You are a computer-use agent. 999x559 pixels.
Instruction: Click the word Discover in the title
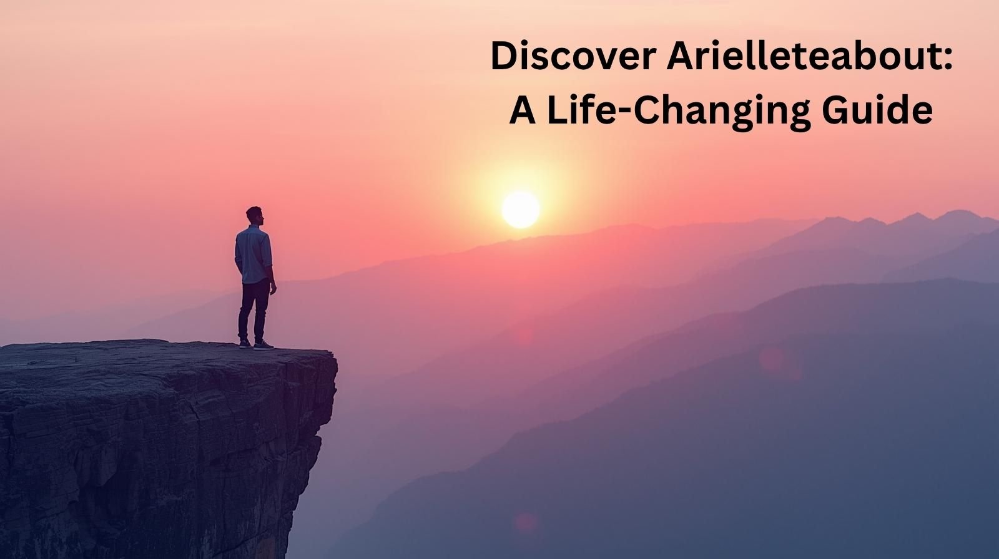click(x=573, y=56)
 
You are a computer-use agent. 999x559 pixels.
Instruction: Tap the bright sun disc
click(x=521, y=210)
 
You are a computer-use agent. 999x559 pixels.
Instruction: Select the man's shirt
click(x=253, y=255)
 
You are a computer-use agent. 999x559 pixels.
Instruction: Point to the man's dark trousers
click(x=253, y=310)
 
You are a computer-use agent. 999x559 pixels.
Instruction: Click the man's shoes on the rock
click(x=256, y=344)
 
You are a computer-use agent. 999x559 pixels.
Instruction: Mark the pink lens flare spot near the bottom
click(x=526, y=522)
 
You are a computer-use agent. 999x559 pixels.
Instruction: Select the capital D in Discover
click(x=504, y=56)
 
